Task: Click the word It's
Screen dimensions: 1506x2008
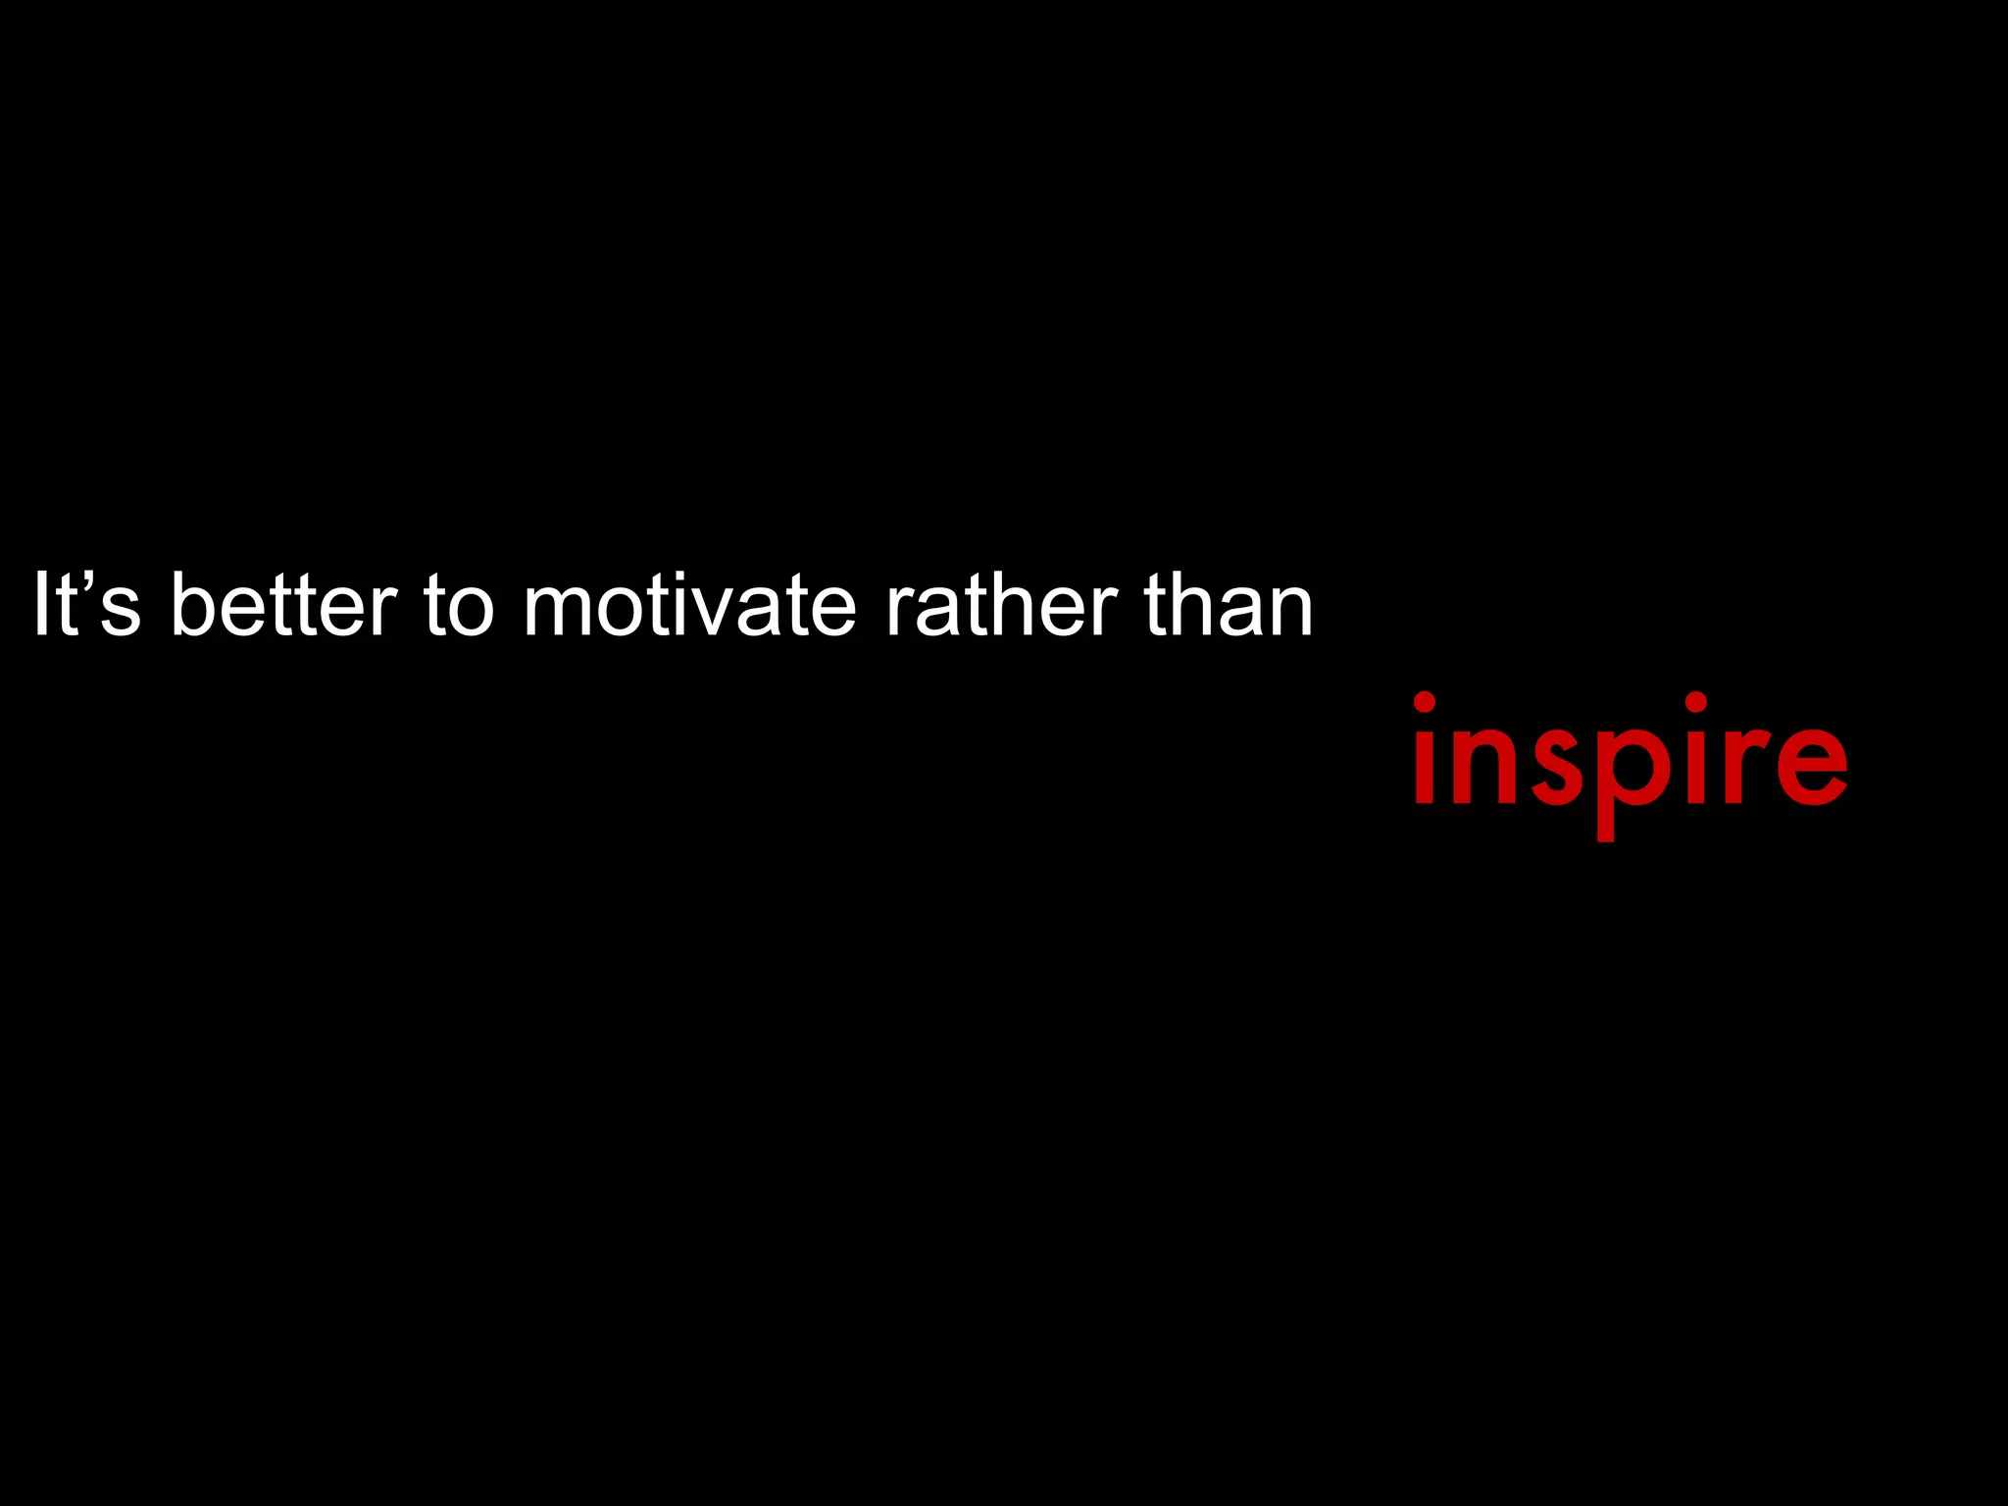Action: coord(86,605)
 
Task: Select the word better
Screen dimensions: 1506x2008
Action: coord(283,605)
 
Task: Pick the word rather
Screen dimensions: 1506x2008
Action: coord(1001,605)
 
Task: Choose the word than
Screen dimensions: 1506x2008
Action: coord(1229,605)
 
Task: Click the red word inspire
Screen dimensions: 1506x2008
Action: coord(1631,760)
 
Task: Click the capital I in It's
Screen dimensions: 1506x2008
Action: coord(40,604)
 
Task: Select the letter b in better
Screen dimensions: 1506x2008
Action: coord(191,605)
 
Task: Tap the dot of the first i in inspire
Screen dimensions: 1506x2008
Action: coord(1425,702)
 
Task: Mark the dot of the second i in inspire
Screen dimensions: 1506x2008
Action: coord(1696,702)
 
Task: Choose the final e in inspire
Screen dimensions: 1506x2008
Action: coord(1810,765)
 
